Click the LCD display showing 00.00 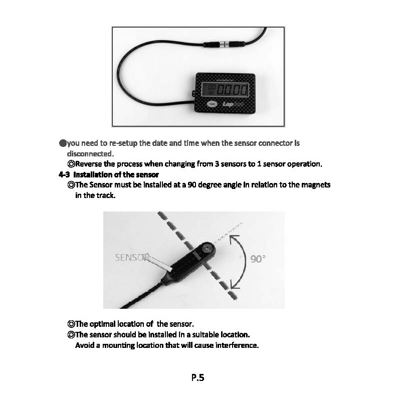[225, 90]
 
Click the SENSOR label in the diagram [132, 258]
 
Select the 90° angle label [258, 259]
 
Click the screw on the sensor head [206, 247]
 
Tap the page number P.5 [197, 377]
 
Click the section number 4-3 [63, 174]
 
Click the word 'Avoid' [84, 345]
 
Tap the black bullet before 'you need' [63, 143]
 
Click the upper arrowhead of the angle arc [232, 240]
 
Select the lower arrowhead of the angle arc [235, 286]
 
